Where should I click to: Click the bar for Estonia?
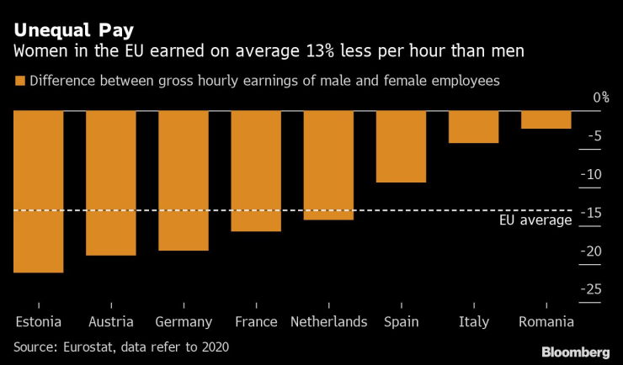[x=39, y=192]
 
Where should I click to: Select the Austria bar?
[x=111, y=183]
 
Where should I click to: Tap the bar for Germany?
[x=184, y=181]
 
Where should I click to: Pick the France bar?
[x=256, y=172]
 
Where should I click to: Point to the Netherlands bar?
[x=328, y=166]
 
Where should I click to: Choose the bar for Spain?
[x=401, y=147]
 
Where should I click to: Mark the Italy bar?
[x=473, y=127]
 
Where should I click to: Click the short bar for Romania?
[x=546, y=120]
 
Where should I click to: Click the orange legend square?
[x=19, y=82]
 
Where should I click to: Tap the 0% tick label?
[x=600, y=98]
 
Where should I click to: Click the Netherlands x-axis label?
[x=328, y=321]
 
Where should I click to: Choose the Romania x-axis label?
[x=546, y=321]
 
